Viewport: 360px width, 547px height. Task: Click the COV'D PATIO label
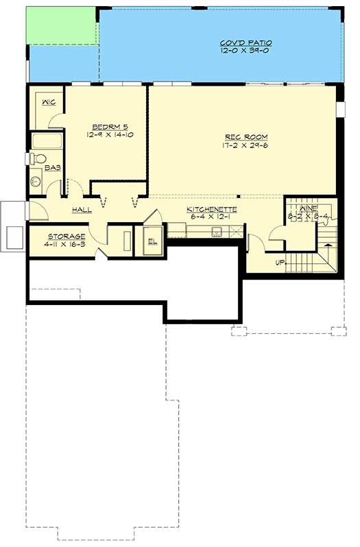(x=246, y=43)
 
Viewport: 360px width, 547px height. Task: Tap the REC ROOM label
(x=246, y=137)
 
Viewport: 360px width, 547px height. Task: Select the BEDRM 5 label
(x=110, y=127)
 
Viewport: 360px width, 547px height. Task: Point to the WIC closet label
(x=49, y=102)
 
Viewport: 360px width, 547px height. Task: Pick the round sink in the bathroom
(x=36, y=181)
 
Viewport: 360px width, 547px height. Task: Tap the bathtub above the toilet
(x=47, y=141)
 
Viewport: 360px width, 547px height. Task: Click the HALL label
(x=82, y=210)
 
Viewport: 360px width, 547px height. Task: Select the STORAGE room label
(x=67, y=236)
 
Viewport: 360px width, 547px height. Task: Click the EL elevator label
(x=152, y=241)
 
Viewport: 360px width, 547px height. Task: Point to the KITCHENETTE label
(x=212, y=209)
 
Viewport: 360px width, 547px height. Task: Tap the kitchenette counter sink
(x=217, y=231)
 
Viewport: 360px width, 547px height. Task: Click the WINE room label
(x=309, y=208)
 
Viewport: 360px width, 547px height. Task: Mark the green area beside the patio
(x=61, y=26)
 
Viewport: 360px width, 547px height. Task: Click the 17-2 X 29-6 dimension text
(x=245, y=145)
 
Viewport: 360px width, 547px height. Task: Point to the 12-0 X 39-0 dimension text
(x=245, y=51)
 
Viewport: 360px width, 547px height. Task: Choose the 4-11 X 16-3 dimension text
(x=65, y=245)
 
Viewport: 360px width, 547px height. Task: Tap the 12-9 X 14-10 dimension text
(x=110, y=134)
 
